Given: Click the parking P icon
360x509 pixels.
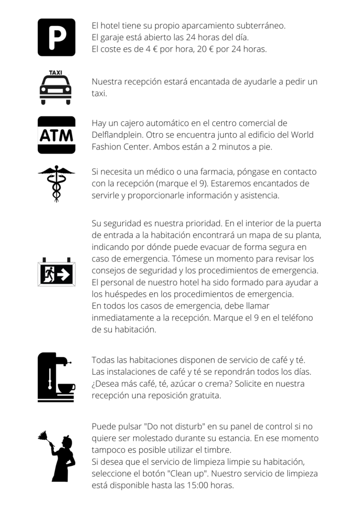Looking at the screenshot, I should pos(56,37).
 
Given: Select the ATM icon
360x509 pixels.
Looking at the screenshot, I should pos(56,135).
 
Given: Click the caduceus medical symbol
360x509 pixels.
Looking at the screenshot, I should pos(56,183).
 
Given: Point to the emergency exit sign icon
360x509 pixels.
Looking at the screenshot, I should pos(56,273).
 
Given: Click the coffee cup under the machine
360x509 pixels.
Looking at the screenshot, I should pos(66,387).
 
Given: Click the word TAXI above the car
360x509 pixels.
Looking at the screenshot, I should pos(56,73).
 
